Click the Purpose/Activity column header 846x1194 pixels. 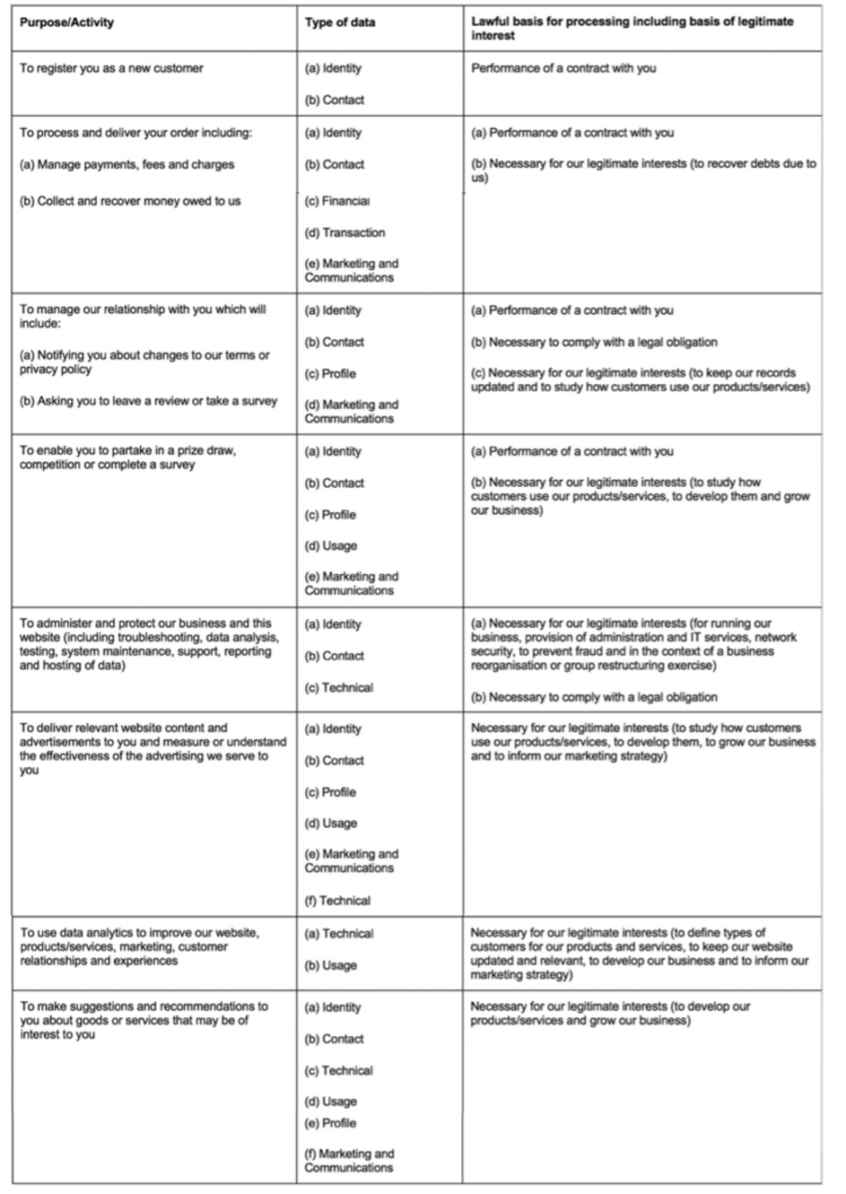67,22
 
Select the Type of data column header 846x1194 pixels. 340,22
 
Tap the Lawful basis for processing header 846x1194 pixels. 632,28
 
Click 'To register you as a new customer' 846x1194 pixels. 112,68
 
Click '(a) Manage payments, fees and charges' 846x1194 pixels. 126,164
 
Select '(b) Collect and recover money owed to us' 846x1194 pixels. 130,201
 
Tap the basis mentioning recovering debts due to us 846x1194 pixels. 643,170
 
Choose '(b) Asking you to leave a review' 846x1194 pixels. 148,401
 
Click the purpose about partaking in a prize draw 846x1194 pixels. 127,458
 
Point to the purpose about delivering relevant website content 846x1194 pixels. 153,749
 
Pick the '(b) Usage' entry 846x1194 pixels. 330,965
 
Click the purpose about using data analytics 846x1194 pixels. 139,946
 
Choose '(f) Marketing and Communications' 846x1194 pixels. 349,1160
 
